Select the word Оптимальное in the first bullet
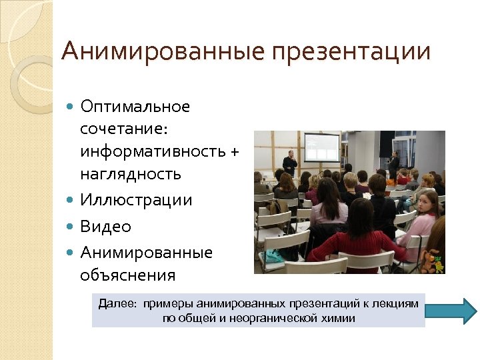[x=135, y=107]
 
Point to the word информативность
[x=153, y=151]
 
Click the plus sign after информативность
[x=233, y=152]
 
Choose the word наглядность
[x=130, y=175]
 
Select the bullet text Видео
[x=105, y=227]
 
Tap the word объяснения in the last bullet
[x=127, y=275]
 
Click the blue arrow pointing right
[x=451, y=311]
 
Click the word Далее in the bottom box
[x=116, y=304]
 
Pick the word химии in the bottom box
[x=339, y=318]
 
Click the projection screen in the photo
[x=321, y=146]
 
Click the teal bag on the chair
[x=273, y=255]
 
